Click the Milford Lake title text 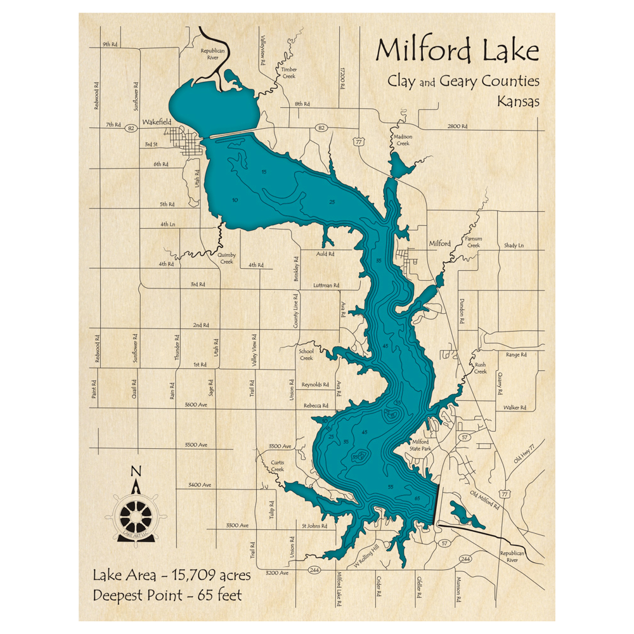[x=456, y=51]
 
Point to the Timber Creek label [x=288, y=73]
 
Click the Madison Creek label [x=403, y=139]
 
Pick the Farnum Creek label [x=473, y=242]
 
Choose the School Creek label [x=306, y=354]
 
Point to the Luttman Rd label [x=327, y=286]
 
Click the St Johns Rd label [x=314, y=526]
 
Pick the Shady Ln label [x=514, y=245]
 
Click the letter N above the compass [x=135, y=472]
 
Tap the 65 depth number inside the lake [x=417, y=499]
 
